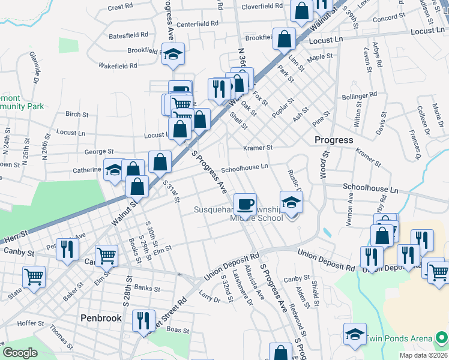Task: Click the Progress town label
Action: click(334, 140)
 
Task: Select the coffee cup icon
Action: click(245, 204)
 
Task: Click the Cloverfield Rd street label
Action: click(262, 7)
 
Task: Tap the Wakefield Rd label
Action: click(118, 65)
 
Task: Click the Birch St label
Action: click(77, 114)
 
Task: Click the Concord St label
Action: click(385, 19)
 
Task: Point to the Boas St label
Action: click(178, 330)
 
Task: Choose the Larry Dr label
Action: click(206, 296)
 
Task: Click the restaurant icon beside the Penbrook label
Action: click(143, 320)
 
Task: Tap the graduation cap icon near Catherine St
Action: click(114, 170)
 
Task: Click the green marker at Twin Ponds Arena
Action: click(442, 336)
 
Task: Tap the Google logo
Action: click(20, 353)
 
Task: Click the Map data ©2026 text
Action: click(423, 355)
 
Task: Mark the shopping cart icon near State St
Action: click(34, 277)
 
